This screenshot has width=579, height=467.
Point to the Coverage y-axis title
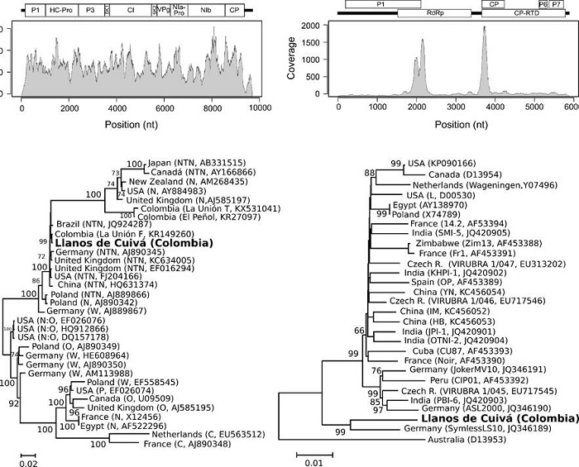pos(315,62)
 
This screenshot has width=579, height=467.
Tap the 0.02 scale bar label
pos(28,465)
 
